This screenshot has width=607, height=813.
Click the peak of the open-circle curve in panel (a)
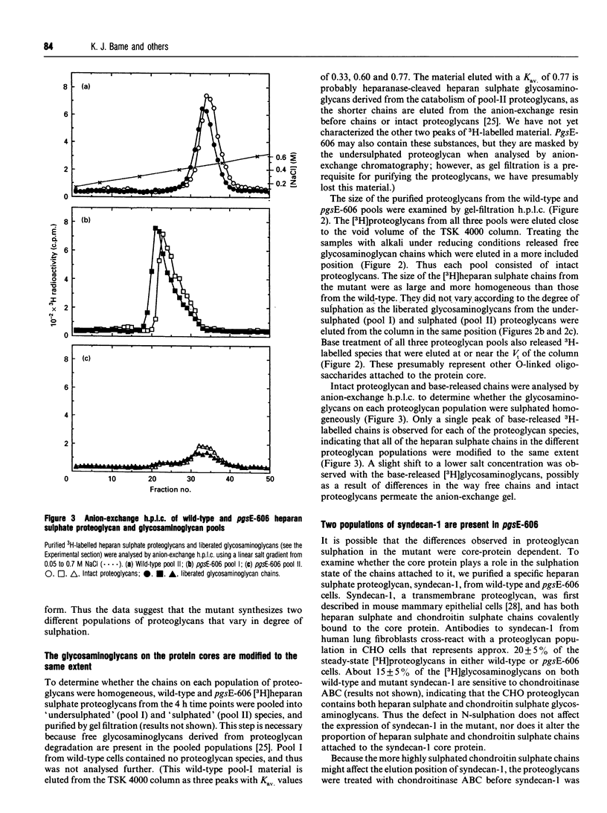[x=208, y=96]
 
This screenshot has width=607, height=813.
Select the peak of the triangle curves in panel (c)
[x=201, y=446]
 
